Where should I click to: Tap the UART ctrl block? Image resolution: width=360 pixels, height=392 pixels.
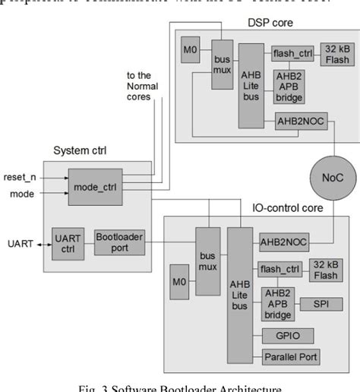(x=68, y=242)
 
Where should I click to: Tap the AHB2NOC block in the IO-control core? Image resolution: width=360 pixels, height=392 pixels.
(x=282, y=240)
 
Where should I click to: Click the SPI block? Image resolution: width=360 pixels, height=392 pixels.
(x=321, y=304)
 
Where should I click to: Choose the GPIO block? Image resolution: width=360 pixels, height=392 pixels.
(x=283, y=335)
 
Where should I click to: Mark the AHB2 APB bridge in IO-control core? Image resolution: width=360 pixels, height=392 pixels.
(x=279, y=303)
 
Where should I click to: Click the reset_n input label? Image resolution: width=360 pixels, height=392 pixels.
(x=20, y=177)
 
